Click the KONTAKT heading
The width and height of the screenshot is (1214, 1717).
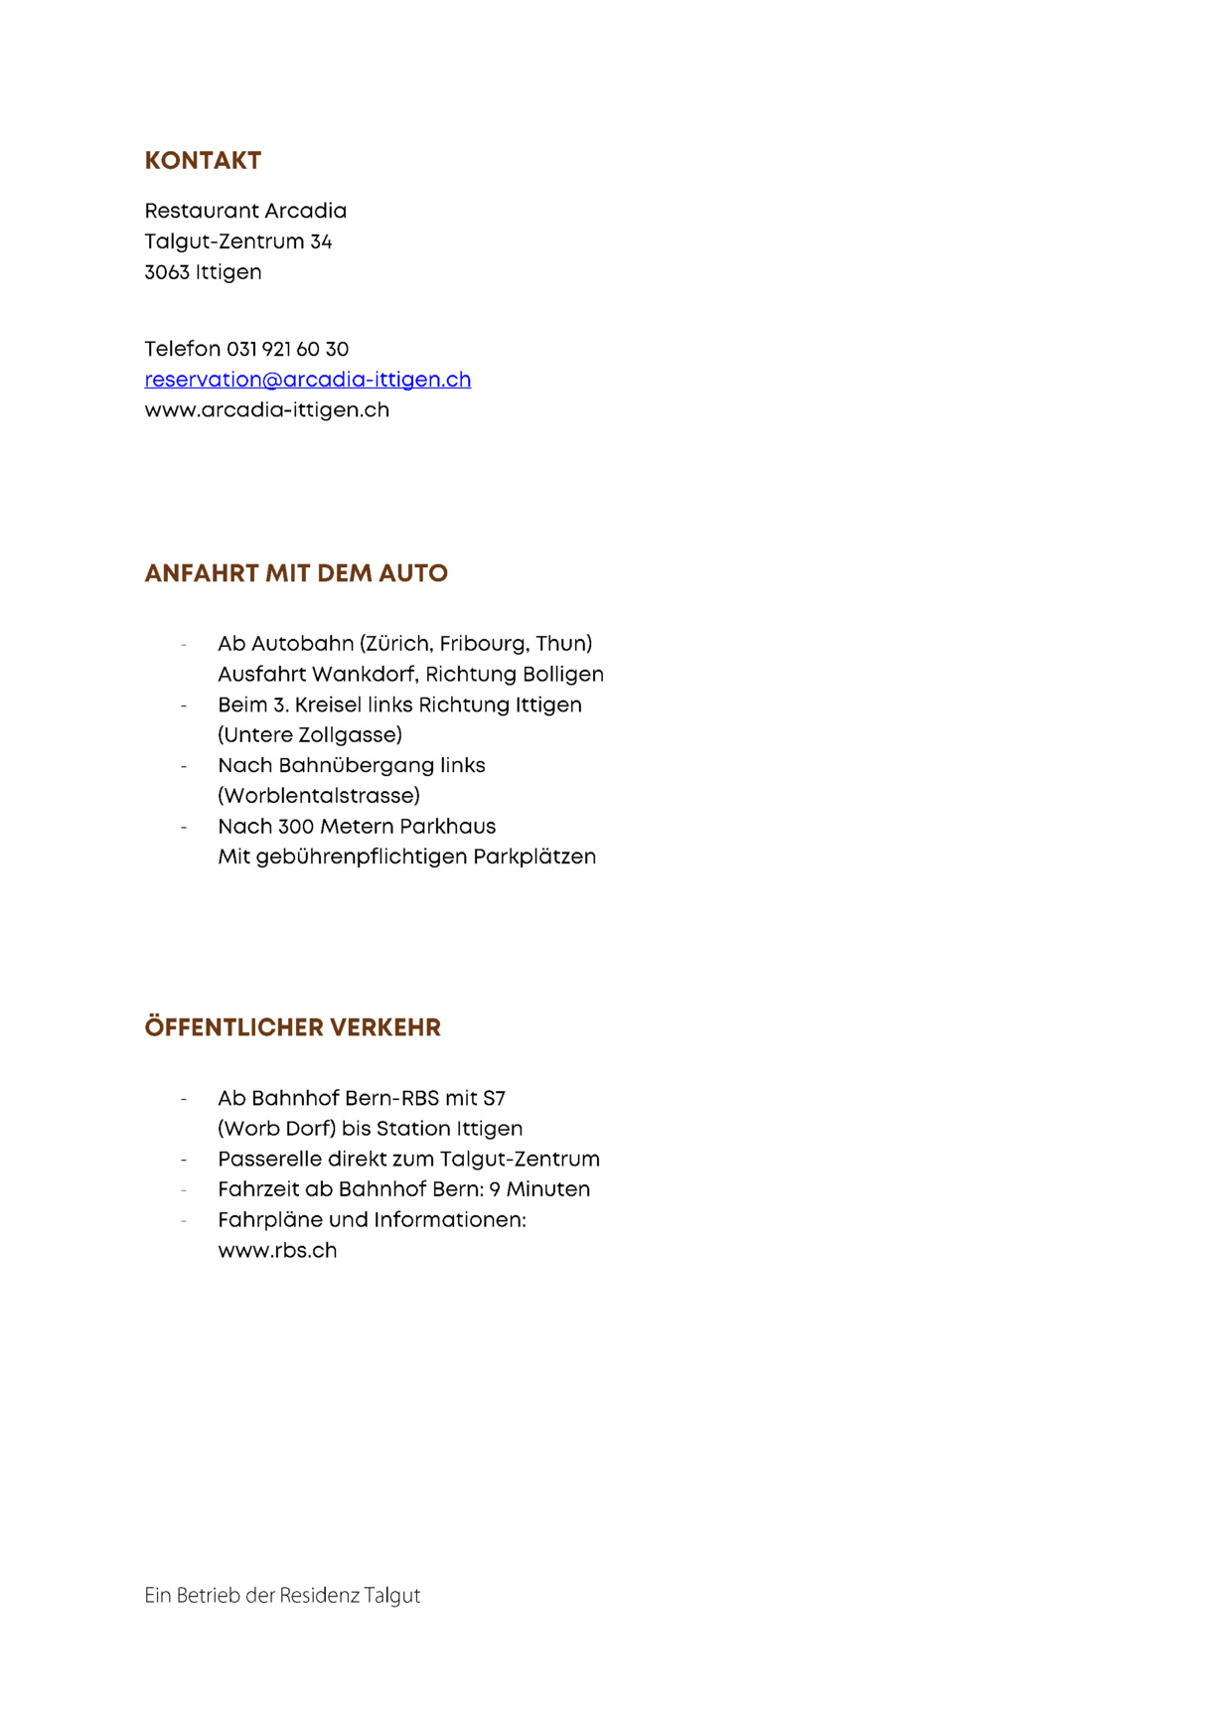coord(203,161)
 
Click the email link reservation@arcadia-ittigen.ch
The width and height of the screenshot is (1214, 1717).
coord(308,380)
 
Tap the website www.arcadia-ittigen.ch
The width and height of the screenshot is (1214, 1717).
coord(266,410)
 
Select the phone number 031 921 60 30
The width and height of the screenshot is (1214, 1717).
coord(287,349)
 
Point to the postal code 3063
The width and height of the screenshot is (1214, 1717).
coord(166,272)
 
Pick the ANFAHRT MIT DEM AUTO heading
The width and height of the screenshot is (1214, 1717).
coord(296,573)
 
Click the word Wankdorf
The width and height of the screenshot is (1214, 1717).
coord(364,675)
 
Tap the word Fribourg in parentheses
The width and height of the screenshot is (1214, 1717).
coord(478,644)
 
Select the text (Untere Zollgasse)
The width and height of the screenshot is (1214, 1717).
coord(310,735)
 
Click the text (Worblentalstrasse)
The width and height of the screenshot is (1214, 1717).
coord(319,796)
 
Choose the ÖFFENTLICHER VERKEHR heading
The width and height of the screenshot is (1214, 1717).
coord(292,1027)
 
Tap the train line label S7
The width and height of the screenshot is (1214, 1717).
coord(494,1099)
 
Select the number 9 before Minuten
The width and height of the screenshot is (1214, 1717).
coord(495,1190)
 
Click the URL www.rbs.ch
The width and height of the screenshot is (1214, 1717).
coord(277,1251)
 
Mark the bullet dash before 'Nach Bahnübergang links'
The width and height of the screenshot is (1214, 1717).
coord(184,766)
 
